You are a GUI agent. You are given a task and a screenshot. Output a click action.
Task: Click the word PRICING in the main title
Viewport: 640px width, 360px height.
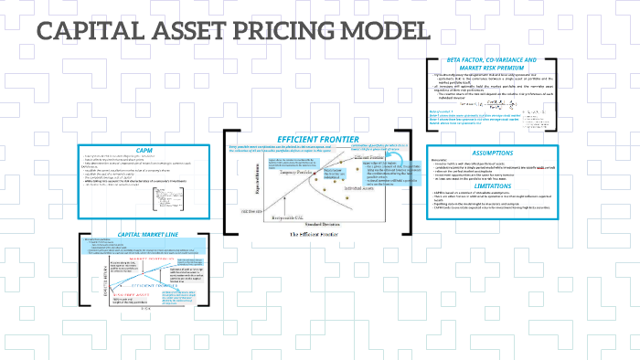(x=274, y=31)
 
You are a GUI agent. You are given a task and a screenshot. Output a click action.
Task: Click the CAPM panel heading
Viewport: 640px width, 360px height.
(x=144, y=150)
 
